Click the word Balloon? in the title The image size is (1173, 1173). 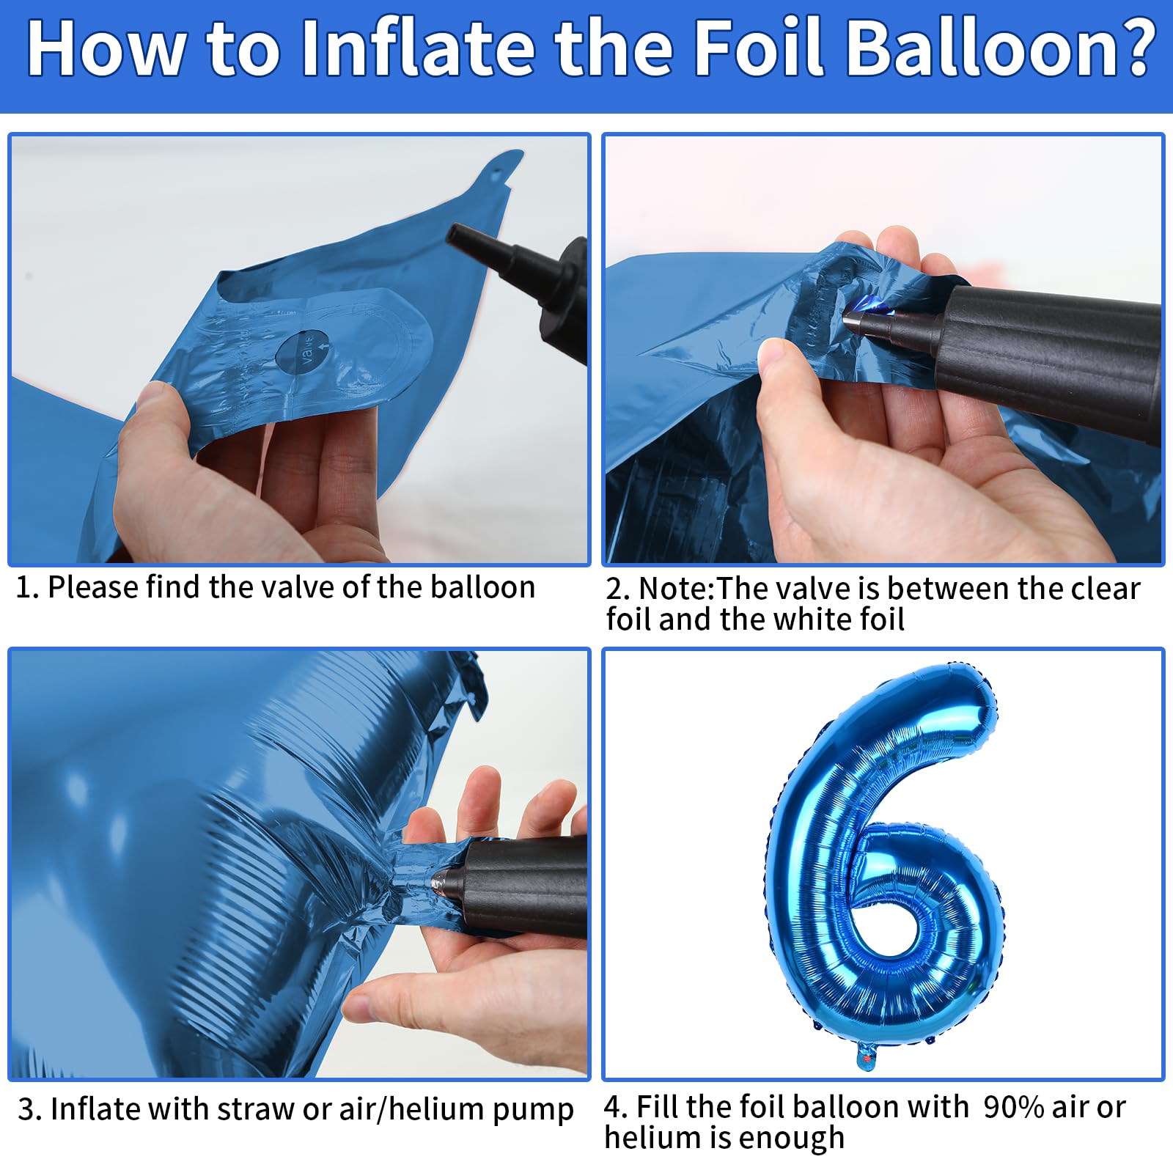pyautogui.click(x=999, y=48)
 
